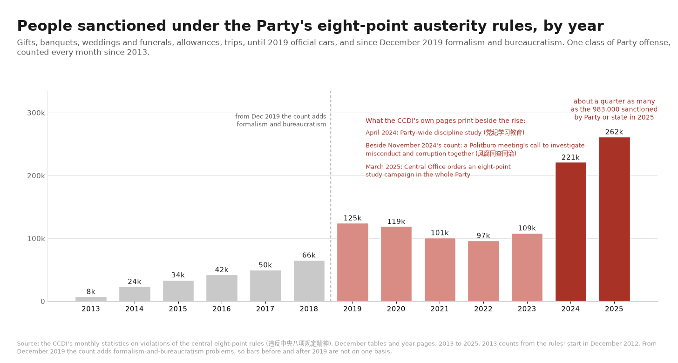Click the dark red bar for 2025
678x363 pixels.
[x=614, y=219]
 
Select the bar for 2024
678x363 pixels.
[x=570, y=232]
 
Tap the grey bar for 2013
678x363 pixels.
[x=91, y=299]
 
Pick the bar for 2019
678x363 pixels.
[x=353, y=262]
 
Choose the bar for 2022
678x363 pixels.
[x=483, y=271]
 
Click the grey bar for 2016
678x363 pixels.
[x=222, y=288]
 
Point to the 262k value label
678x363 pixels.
[x=614, y=132]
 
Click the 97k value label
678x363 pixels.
[x=483, y=235]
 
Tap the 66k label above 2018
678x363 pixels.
[x=309, y=255]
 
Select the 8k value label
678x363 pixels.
[x=91, y=292]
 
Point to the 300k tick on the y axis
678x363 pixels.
[x=36, y=113]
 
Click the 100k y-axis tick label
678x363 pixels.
[x=36, y=239]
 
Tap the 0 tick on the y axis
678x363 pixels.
[x=43, y=302]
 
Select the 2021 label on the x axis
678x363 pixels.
[x=440, y=309]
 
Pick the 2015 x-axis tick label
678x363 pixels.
[x=178, y=309]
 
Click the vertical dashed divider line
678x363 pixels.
[x=331, y=196]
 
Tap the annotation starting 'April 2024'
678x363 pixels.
[x=445, y=133]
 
